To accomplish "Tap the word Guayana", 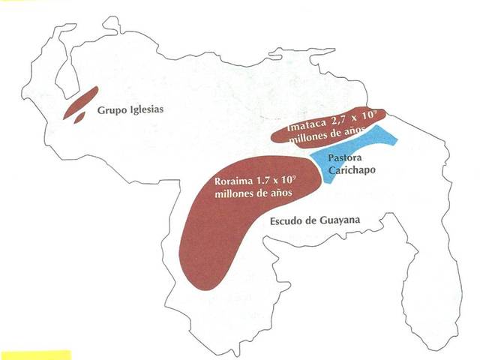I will click(x=340, y=220).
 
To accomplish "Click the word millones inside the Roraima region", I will click(x=237, y=194).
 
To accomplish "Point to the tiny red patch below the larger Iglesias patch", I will click(x=77, y=118).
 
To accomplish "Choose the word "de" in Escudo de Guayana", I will click(x=314, y=220).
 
